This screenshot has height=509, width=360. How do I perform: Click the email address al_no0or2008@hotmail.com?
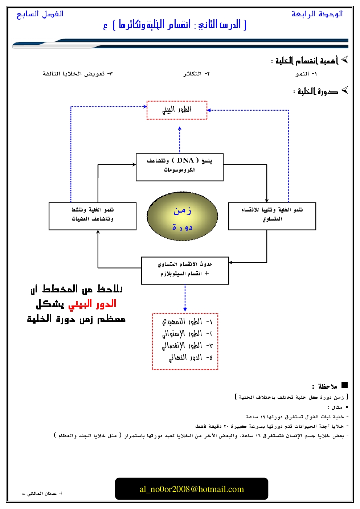pyautogui.click(x=192, y=489)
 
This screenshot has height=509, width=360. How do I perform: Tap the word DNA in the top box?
pyautogui.click(x=185, y=160)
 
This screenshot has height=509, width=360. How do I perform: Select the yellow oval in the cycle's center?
pyautogui.click(x=182, y=217)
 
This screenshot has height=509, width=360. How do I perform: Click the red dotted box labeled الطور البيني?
pyautogui.click(x=177, y=110)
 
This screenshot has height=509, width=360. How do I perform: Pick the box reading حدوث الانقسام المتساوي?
pyautogui.click(x=185, y=271)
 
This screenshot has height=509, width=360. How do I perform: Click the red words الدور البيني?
pyautogui.click(x=92, y=304)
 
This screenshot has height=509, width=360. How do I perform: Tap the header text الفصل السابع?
pyautogui.click(x=40, y=14)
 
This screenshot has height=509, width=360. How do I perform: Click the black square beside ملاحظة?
pyautogui.click(x=344, y=385)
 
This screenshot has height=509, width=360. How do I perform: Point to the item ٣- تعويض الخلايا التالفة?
pyautogui.click(x=78, y=74)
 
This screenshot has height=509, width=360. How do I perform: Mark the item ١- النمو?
pyautogui.click(x=306, y=74)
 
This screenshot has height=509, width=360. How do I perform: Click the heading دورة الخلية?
pyautogui.click(x=318, y=91)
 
